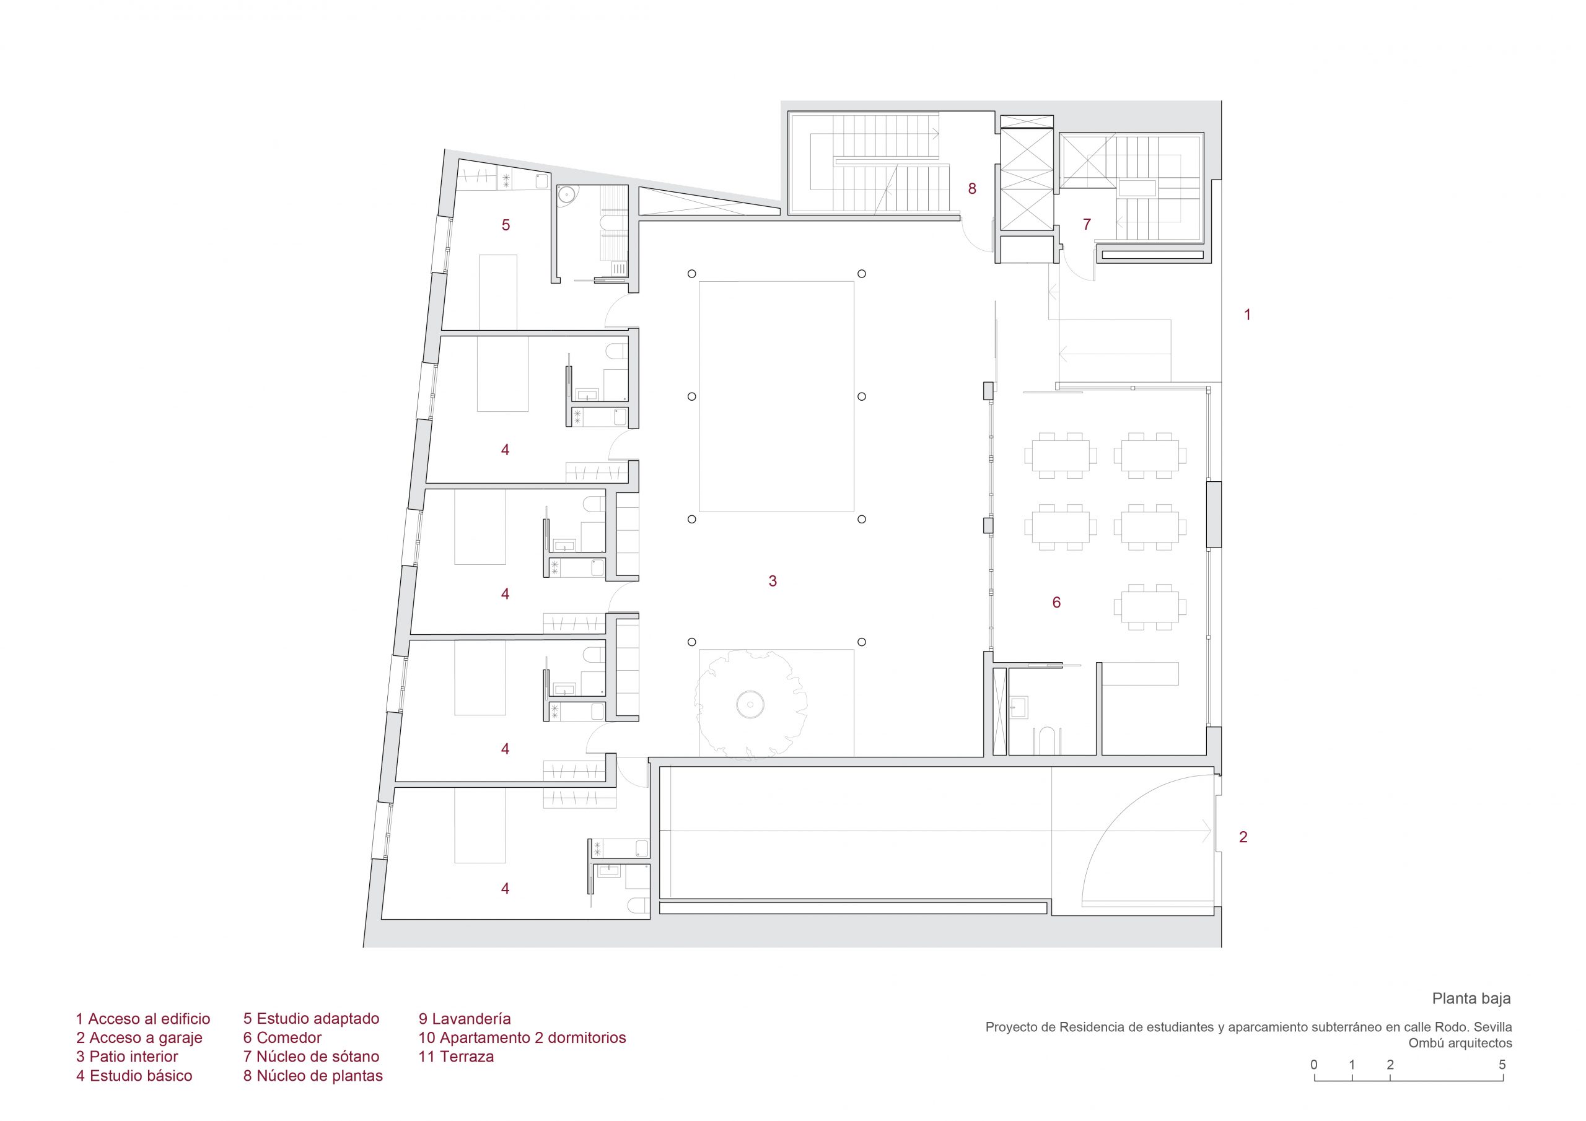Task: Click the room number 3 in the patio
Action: click(773, 582)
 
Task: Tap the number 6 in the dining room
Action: click(1056, 602)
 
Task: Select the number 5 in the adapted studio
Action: click(506, 224)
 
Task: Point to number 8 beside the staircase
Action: click(972, 188)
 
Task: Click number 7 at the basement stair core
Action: click(1087, 224)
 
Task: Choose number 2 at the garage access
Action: click(1243, 837)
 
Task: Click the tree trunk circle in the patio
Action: click(749, 705)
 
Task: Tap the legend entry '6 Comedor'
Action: click(282, 1037)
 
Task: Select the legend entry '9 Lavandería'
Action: click(464, 1019)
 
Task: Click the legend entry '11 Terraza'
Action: click(456, 1056)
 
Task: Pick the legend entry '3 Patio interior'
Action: click(127, 1056)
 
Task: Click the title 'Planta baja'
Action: click(1471, 998)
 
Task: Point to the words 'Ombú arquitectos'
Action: click(1460, 1043)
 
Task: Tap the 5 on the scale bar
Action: click(1502, 1065)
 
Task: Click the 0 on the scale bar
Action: click(1314, 1065)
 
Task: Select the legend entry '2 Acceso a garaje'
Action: click(139, 1037)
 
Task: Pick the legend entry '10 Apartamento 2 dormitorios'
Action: click(522, 1037)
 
